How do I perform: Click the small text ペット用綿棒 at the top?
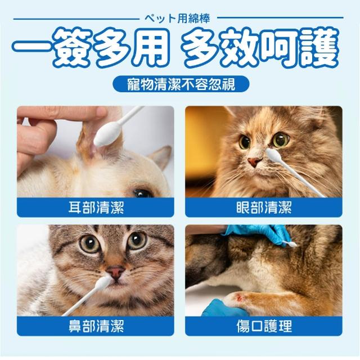click(178, 19)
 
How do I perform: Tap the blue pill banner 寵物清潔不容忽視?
click(181, 84)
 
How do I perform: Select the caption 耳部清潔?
click(96, 208)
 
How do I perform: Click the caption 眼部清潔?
click(264, 208)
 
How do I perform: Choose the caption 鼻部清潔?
click(96, 326)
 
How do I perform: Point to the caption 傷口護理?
click(264, 326)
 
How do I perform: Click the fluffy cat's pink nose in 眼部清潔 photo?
click(255, 162)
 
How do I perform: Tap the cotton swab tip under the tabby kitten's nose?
click(102, 283)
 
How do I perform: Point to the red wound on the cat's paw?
click(240, 298)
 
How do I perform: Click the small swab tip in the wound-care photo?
click(292, 244)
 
